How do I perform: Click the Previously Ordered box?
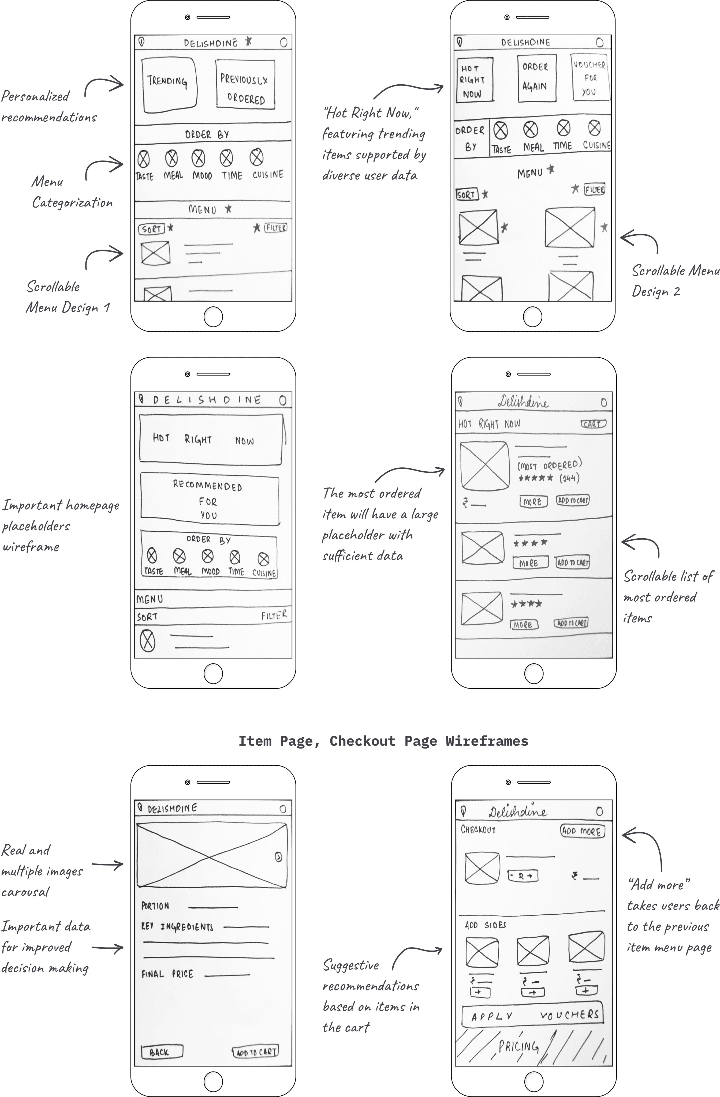245,85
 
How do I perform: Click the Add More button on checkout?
582,831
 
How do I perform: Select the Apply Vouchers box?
533,1015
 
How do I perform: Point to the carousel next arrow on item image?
279,857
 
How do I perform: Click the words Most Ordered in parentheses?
549,465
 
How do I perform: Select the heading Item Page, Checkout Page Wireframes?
383,741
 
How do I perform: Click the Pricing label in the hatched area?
518,1047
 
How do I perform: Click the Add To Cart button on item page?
256,1052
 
